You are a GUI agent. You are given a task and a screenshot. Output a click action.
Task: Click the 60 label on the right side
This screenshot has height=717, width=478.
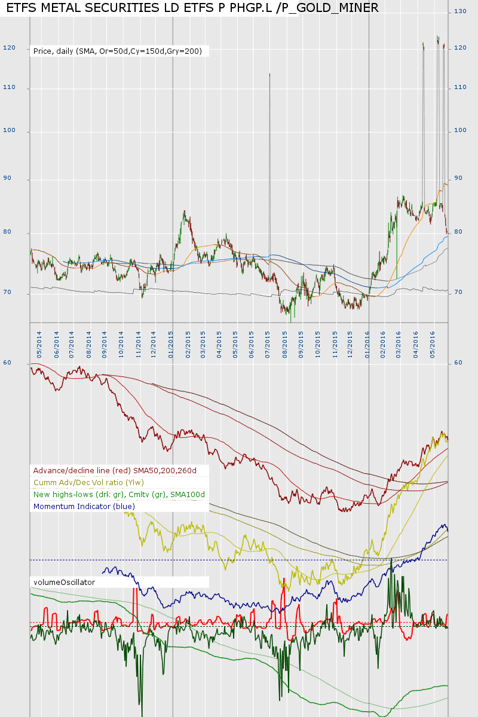coord(458,363)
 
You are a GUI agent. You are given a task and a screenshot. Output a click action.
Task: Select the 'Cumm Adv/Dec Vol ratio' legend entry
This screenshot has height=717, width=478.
coord(88,482)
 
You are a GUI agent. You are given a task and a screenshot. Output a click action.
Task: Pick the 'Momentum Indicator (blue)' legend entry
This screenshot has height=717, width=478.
coord(84,506)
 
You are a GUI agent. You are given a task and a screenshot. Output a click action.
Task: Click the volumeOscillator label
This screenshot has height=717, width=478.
coord(64,581)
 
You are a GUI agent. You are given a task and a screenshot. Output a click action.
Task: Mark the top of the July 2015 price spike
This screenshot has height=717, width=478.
coord(269,74)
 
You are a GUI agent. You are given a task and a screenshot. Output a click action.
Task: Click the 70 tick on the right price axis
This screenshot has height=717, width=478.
coord(458,293)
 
